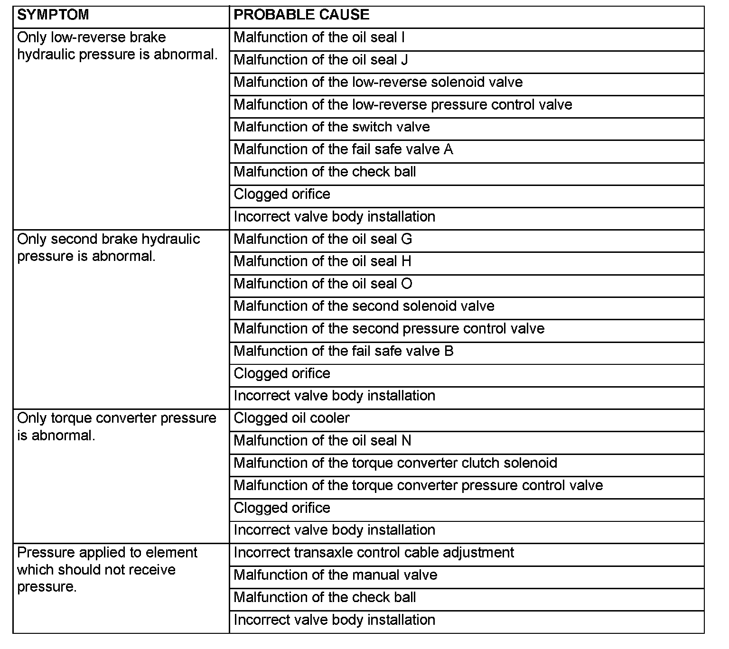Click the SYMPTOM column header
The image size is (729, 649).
tap(53, 15)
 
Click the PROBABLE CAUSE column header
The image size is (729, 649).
tap(301, 15)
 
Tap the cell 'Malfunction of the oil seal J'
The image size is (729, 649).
tap(321, 60)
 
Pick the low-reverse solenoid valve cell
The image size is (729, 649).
tap(378, 82)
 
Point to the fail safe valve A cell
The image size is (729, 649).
tap(343, 149)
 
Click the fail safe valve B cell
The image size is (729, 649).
tap(343, 351)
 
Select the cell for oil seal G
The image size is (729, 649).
tap(323, 239)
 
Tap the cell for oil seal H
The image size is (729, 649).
tap(323, 261)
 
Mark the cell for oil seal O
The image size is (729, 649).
tap(323, 284)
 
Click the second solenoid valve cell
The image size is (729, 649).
tap(364, 306)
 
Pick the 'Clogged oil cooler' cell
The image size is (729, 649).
tap(291, 418)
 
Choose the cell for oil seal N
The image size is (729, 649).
tap(323, 441)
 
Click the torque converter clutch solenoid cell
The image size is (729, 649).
tap(395, 463)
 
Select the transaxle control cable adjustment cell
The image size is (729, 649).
tap(374, 553)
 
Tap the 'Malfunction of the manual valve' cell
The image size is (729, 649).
tap(335, 575)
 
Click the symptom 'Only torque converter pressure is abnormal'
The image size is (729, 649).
tap(116, 426)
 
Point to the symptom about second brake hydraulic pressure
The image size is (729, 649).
tap(108, 247)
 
